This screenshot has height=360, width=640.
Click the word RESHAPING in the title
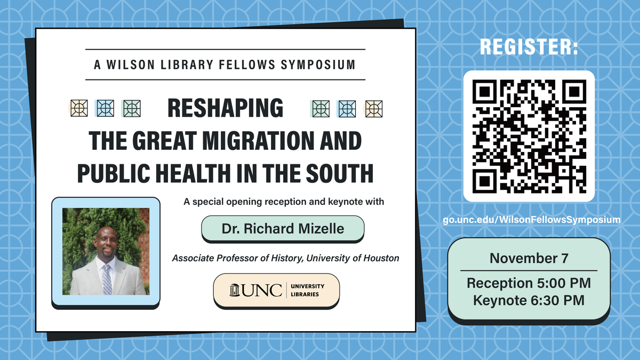tap(225, 108)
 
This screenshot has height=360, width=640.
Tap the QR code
tap(529, 136)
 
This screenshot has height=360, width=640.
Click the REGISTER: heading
tap(529, 47)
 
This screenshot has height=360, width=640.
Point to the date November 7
tap(529, 259)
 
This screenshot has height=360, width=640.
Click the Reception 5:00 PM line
tap(529, 283)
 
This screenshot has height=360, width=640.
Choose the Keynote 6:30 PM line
tap(529, 300)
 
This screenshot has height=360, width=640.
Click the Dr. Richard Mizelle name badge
tap(283, 229)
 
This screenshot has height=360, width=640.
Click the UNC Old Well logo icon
tap(234, 290)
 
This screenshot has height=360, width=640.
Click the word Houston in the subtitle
tap(380, 258)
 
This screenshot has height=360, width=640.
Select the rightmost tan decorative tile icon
tap(374, 109)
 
